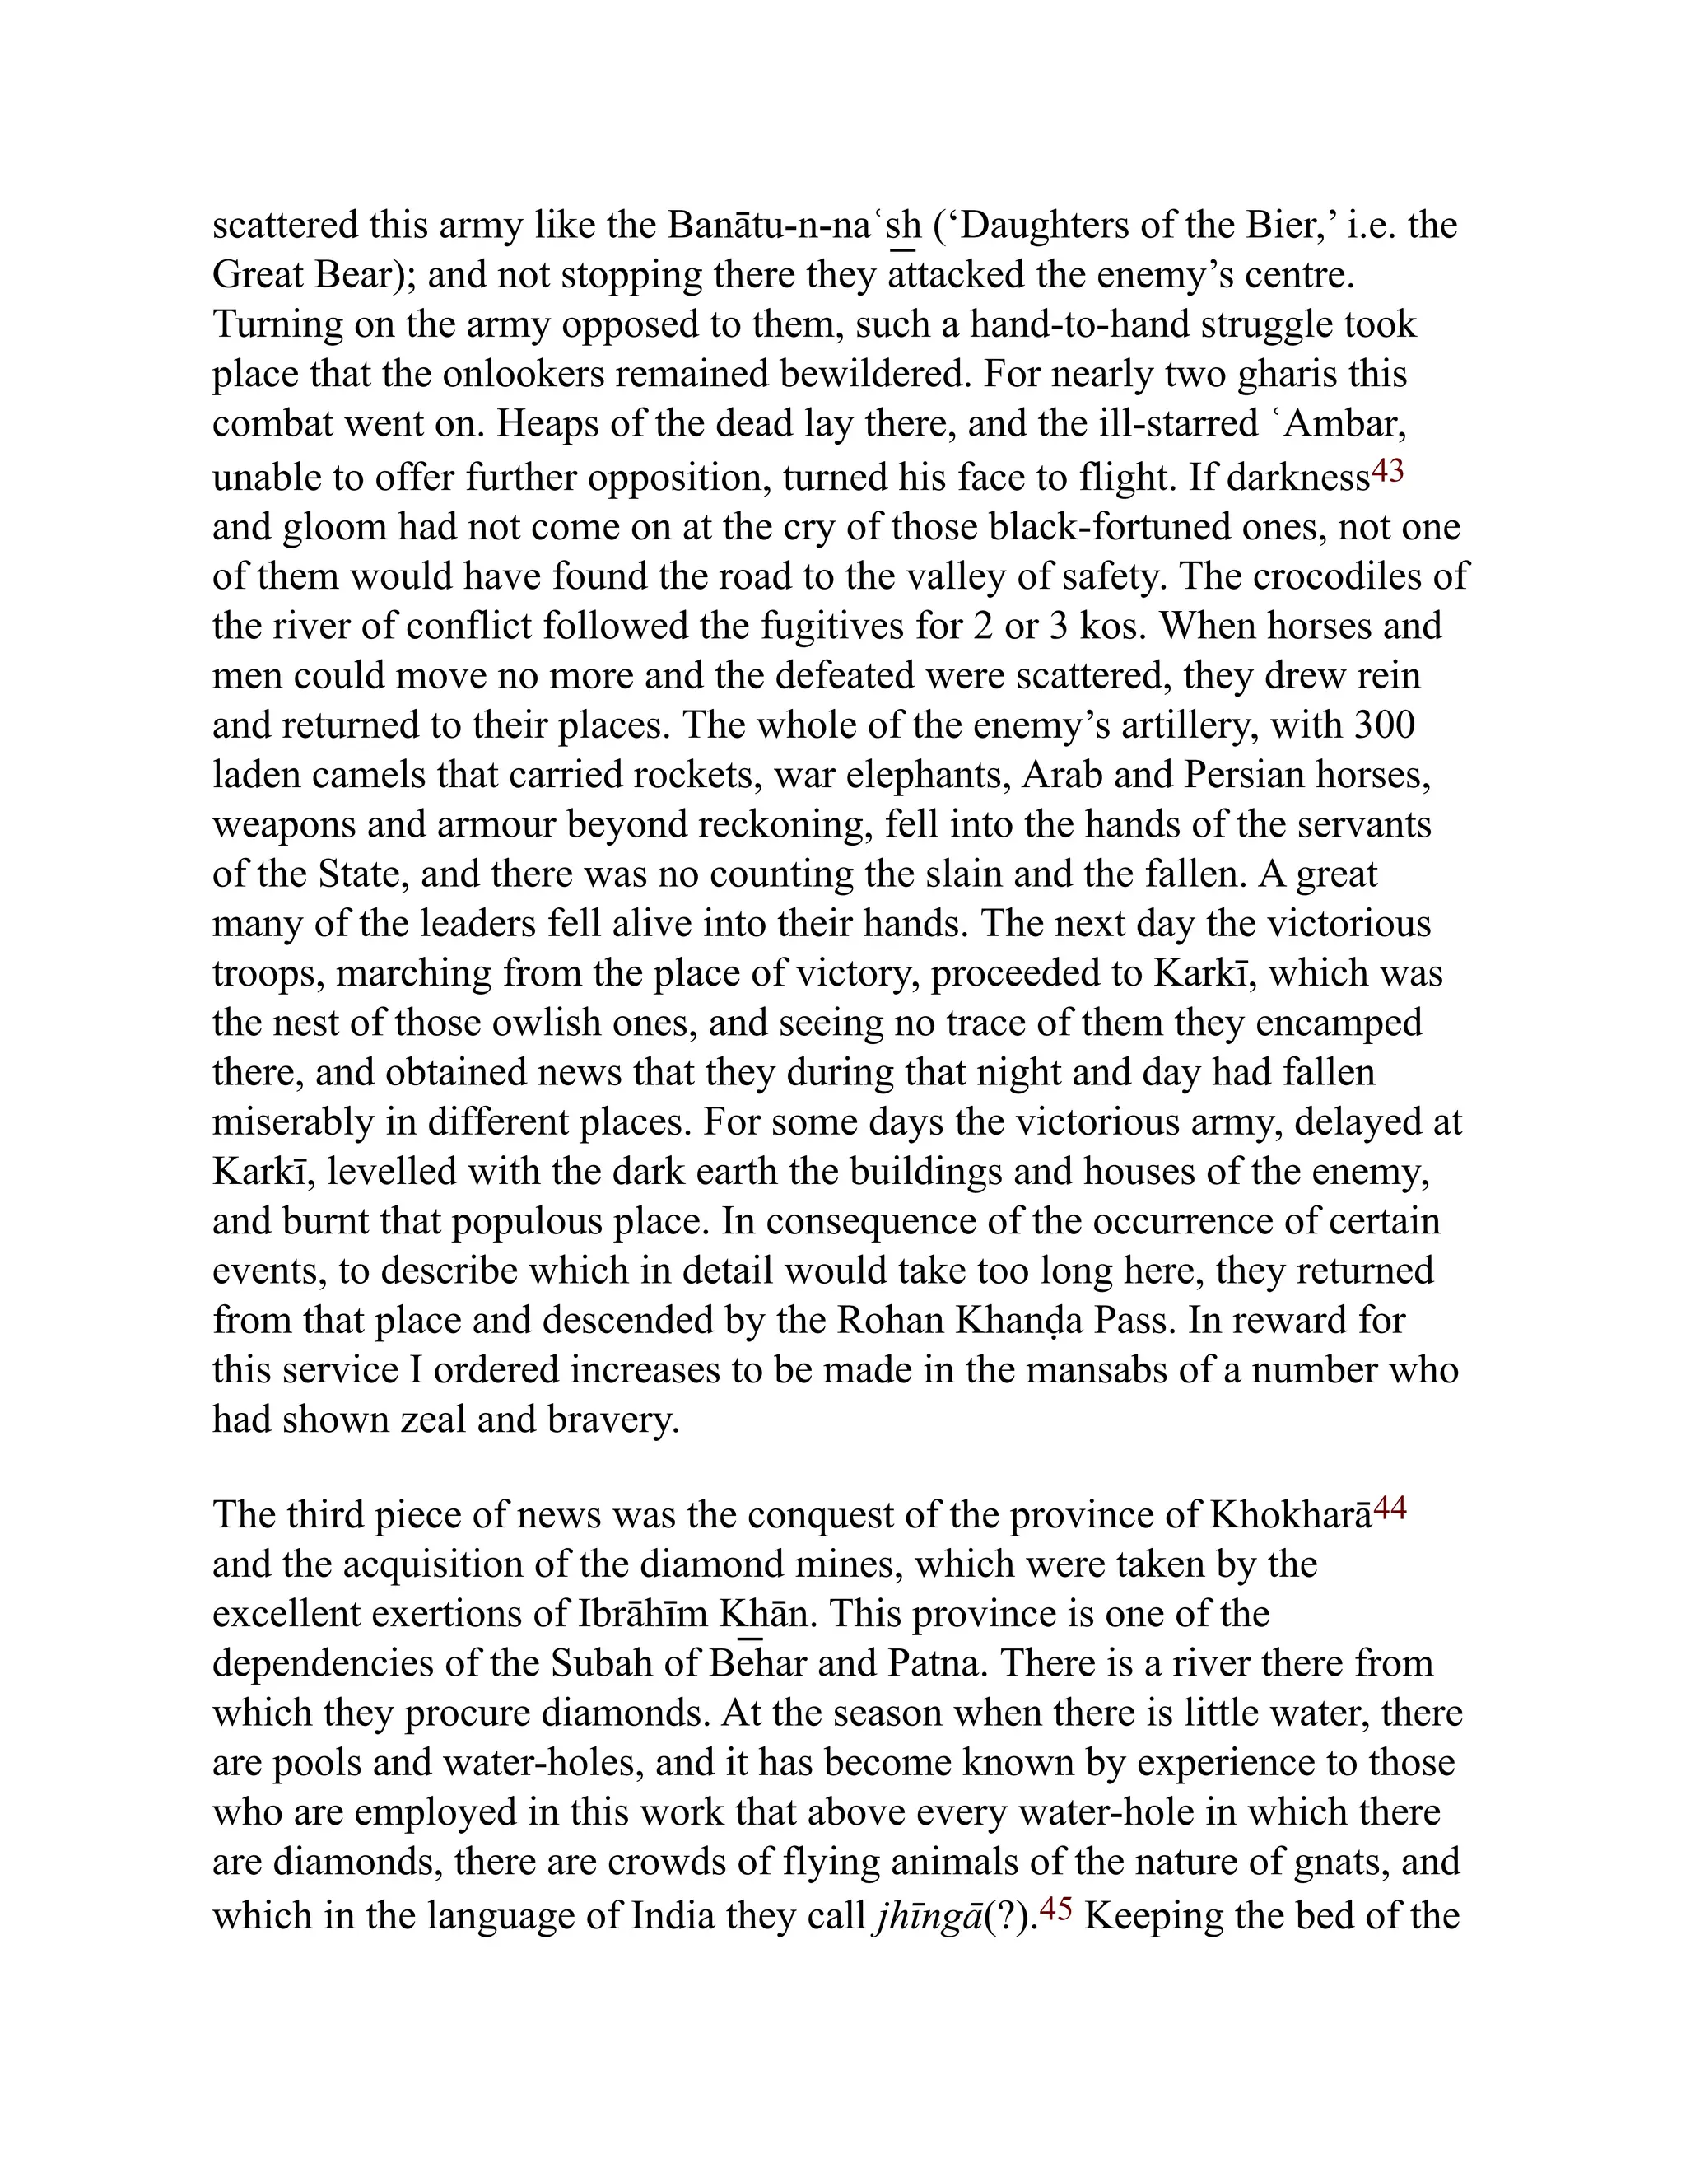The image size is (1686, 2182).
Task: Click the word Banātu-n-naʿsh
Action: pyautogui.click(x=793, y=226)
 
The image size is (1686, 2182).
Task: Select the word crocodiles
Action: pyautogui.click(x=1348, y=576)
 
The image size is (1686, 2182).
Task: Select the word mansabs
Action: pyautogui.click(x=1097, y=1370)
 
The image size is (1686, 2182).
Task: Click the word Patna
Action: pyautogui.click(x=933, y=1663)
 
